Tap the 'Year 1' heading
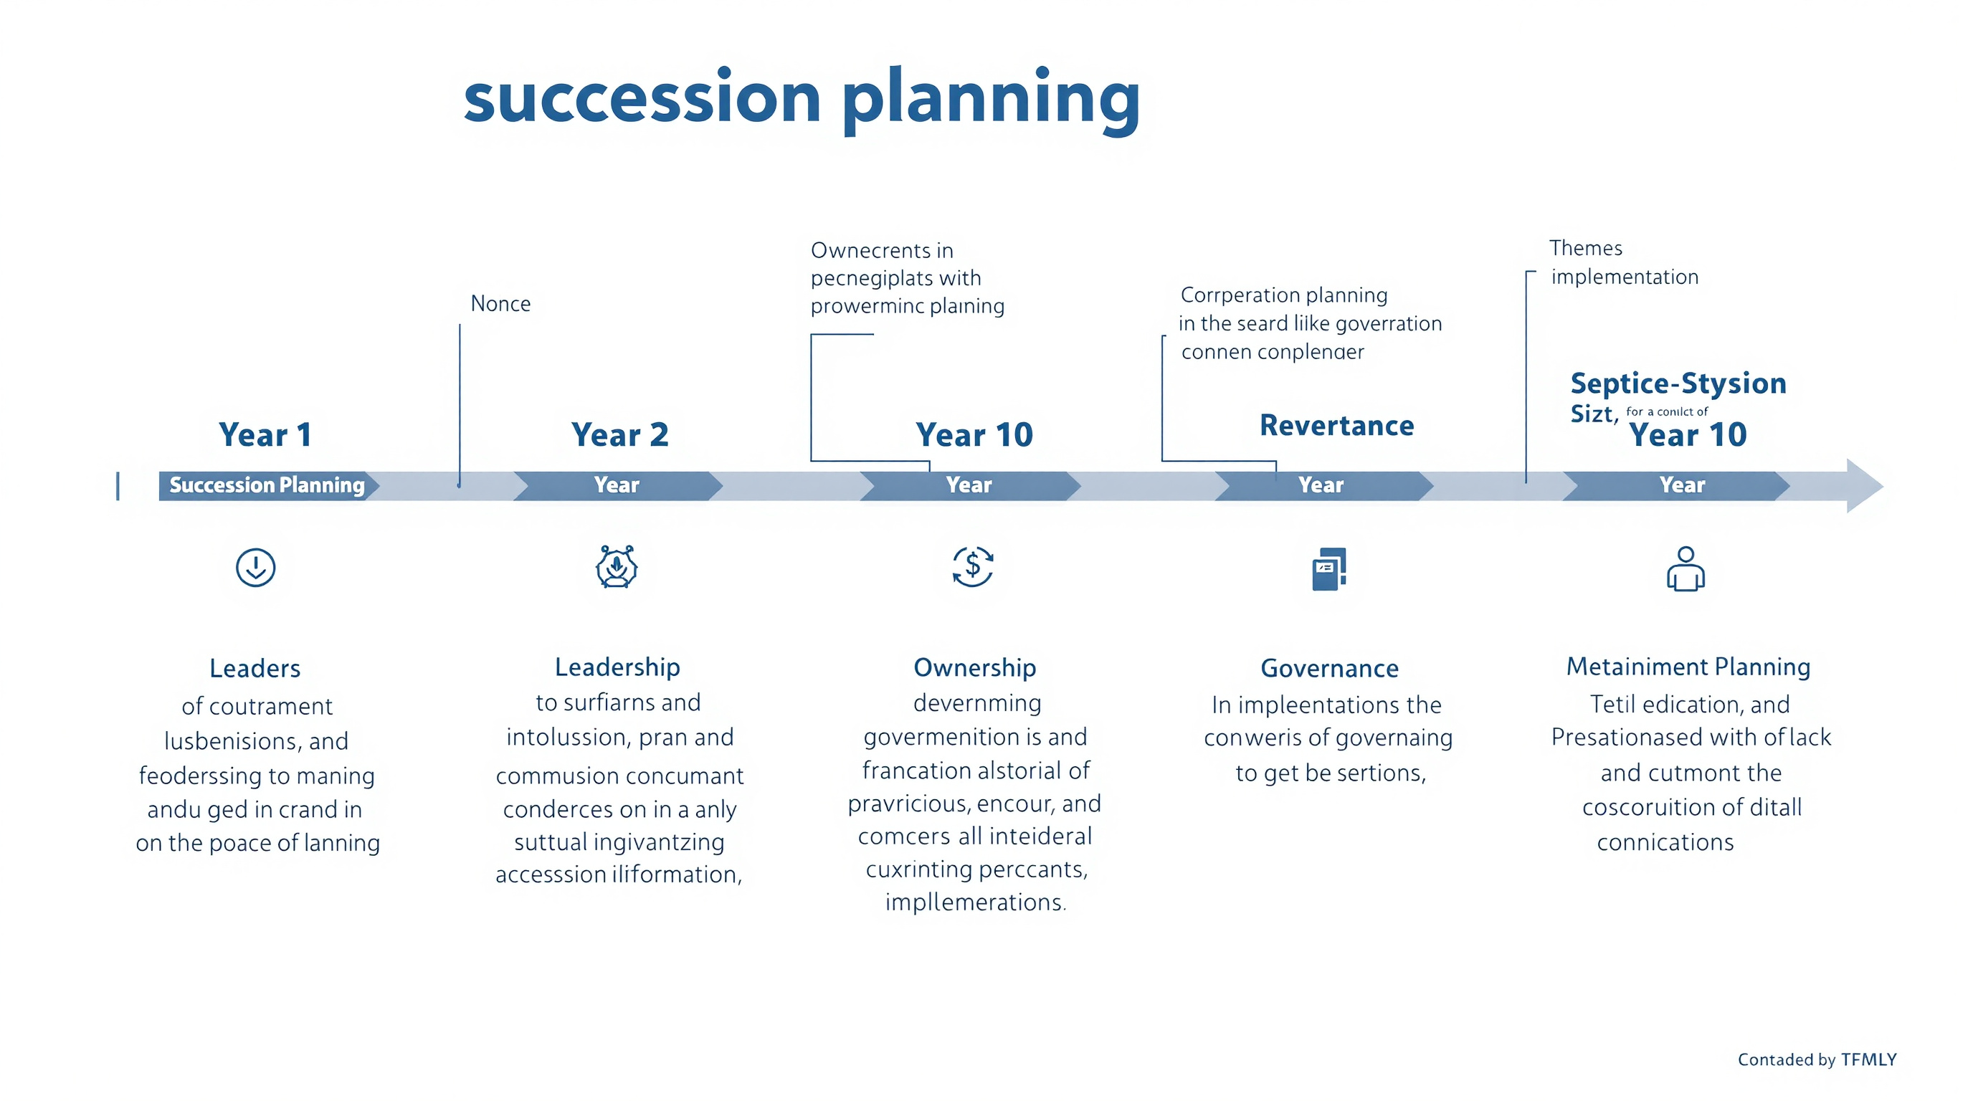click(265, 435)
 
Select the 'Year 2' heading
click(619, 435)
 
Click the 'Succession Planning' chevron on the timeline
click(267, 485)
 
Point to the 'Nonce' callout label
click(500, 304)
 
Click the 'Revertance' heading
click(1336, 426)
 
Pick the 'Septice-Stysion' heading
click(1678, 383)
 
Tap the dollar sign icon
click(973, 566)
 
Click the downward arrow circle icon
click(256, 567)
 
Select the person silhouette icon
click(1685, 569)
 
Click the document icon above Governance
click(1329, 569)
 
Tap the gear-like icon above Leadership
click(617, 567)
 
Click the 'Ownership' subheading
click(974, 667)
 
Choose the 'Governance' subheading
click(1330, 668)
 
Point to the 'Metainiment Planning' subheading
click(1688, 667)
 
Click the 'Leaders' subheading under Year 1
click(255, 668)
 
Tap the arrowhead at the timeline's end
click(1863, 486)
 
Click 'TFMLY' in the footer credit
click(1869, 1059)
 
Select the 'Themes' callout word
click(1585, 248)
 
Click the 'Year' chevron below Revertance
click(1322, 485)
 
